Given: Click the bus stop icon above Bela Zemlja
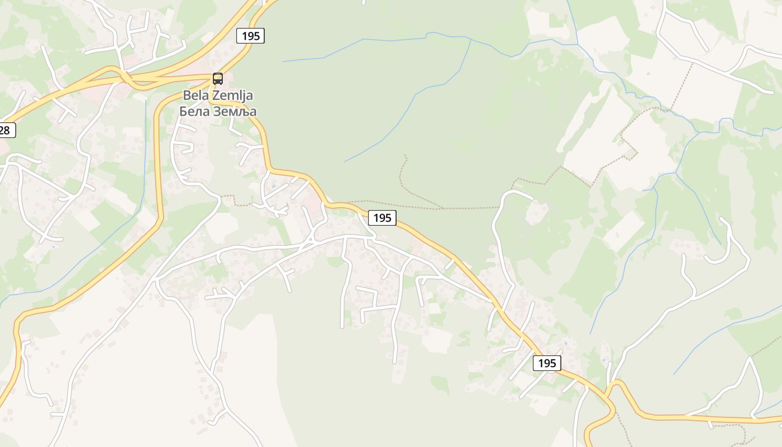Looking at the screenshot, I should point(217,79).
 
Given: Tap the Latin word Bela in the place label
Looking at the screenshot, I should point(195,96).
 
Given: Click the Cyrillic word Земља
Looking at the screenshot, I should point(233,111).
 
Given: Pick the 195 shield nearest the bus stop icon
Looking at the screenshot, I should point(250,36).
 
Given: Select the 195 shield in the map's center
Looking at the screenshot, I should point(382,217).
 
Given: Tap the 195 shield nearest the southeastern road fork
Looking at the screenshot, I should point(547,363).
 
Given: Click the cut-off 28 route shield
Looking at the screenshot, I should point(6,130).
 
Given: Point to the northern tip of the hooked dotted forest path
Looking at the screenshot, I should point(405,156).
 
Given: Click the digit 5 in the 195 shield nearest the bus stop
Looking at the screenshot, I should point(258,36).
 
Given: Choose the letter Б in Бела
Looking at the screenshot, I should point(183,111).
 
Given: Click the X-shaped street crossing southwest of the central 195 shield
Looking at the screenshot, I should point(309,243).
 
